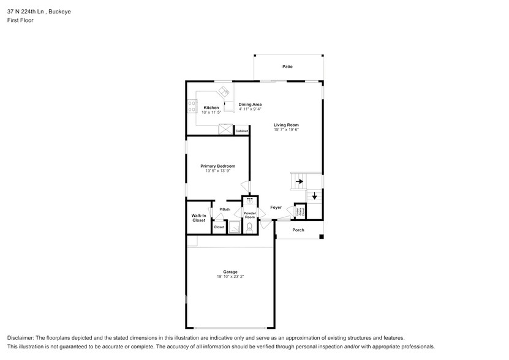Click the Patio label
(287, 66)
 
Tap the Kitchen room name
(211, 108)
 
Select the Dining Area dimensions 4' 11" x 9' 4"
(250, 109)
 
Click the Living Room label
(286, 125)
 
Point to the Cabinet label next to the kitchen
(242, 131)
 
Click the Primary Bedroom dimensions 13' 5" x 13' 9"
(217, 171)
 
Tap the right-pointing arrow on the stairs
(299, 181)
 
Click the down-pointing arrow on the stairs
(315, 196)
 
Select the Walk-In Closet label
(198, 217)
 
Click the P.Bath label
(225, 210)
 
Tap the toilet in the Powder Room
(249, 227)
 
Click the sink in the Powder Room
(249, 201)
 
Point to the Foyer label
(276, 208)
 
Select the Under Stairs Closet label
(300, 211)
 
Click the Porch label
(298, 230)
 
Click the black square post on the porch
(321, 236)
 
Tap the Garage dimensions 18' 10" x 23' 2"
(230, 277)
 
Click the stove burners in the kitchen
(191, 107)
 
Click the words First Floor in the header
(20, 20)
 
